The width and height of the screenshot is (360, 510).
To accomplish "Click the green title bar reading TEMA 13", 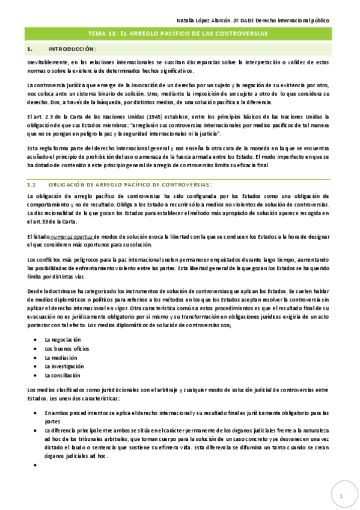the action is (x=178, y=34).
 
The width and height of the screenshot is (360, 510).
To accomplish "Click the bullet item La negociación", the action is (x=63, y=340).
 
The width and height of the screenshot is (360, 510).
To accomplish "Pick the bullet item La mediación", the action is (x=61, y=357).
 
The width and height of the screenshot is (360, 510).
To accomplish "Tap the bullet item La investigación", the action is (x=64, y=366).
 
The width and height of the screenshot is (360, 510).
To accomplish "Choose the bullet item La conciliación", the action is (x=63, y=375).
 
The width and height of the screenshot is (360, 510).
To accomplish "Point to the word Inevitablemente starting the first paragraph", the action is (x=47, y=61).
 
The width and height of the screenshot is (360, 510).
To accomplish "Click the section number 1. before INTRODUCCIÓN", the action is (x=29, y=48).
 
